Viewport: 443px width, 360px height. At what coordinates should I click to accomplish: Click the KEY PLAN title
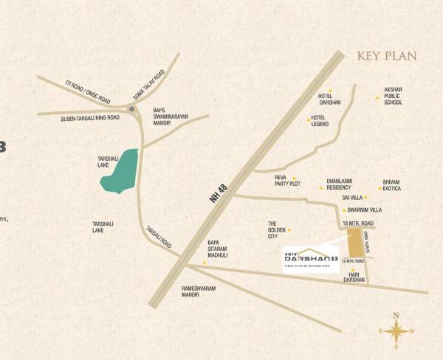click(x=387, y=56)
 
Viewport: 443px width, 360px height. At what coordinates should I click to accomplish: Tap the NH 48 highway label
click(x=219, y=193)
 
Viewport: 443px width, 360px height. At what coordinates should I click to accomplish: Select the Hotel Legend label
click(x=320, y=121)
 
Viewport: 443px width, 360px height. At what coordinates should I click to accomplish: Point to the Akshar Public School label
click(x=394, y=96)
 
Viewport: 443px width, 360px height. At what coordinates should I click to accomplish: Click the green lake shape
click(x=120, y=171)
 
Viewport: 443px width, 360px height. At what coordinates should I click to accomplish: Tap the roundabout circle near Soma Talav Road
click(x=132, y=109)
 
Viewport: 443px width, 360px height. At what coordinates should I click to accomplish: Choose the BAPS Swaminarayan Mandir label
click(x=167, y=117)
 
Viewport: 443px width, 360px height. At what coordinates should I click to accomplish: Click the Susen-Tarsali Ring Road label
click(x=90, y=117)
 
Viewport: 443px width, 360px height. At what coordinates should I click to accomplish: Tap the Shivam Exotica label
click(x=391, y=184)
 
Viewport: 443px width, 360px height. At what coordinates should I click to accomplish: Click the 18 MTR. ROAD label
click(x=357, y=223)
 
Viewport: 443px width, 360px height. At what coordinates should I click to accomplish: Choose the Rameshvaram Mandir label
click(x=199, y=291)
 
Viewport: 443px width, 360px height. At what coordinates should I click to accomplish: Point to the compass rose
click(x=396, y=330)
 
